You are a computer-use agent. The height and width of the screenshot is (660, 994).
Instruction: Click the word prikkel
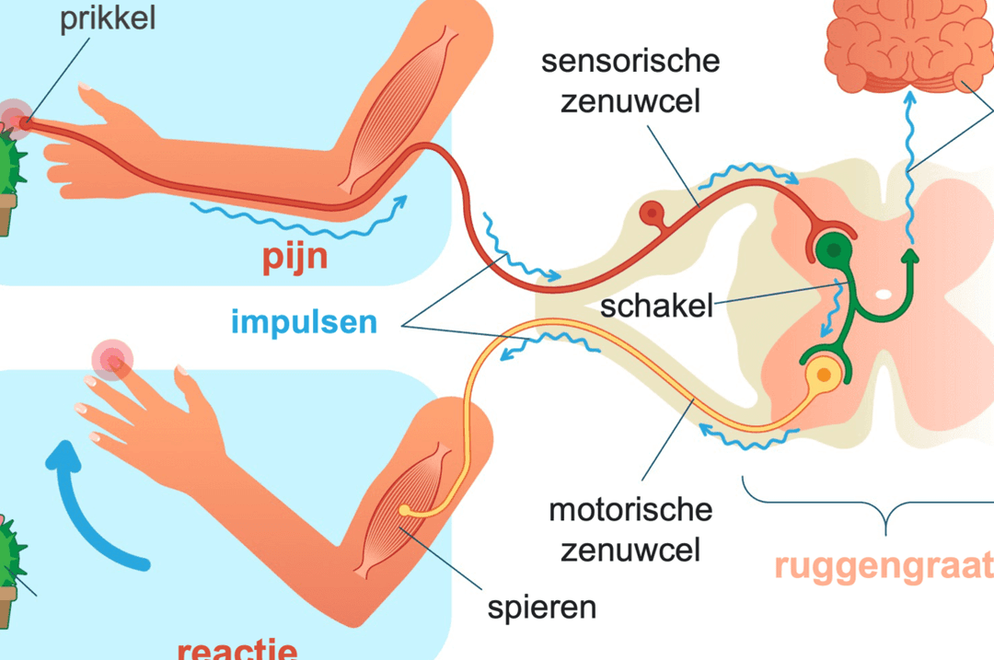click(107, 18)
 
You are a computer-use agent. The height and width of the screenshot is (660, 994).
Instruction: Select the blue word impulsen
click(305, 322)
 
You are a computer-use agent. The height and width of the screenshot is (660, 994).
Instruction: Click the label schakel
click(656, 306)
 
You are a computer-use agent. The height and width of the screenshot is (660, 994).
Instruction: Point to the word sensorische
click(630, 62)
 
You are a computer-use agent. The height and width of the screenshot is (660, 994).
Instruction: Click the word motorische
click(630, 510)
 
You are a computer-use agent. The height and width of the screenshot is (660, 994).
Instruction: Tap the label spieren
click(542, 608)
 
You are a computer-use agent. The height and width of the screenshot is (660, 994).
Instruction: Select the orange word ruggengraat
click(884, 565)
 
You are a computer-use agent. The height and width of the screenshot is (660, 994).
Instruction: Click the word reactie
click(237, 649)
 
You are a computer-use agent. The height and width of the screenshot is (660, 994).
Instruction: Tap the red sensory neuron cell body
click(652, 213)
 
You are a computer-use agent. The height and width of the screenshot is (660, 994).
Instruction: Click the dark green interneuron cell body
click(834, 250)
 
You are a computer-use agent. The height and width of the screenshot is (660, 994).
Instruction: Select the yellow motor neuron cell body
click(824, 375)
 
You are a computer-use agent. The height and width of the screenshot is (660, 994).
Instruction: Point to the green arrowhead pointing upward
click(910, 256)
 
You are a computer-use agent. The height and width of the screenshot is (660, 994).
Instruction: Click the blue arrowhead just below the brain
click(909, 98)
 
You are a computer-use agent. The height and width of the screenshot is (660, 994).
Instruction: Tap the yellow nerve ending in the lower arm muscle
click(404, 510)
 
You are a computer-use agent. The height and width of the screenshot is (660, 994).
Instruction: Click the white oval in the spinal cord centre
click(883, 295)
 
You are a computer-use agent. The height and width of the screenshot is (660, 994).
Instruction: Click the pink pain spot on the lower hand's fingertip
click(112, 361)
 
